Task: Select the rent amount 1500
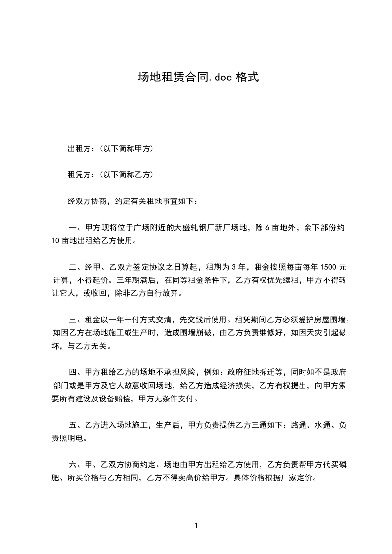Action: (x=329, y=267)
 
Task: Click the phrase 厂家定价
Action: (x=299, y=478)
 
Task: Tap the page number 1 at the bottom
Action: (x=196, y=526)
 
